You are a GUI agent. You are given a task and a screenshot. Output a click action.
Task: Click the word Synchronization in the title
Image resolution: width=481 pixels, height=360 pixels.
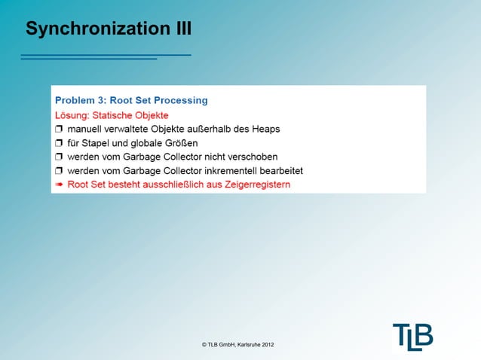(89, 29)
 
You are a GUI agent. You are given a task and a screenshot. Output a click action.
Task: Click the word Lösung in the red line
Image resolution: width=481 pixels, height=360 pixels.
(72, 115)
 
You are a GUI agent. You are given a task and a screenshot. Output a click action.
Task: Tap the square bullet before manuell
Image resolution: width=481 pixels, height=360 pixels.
(60, 130)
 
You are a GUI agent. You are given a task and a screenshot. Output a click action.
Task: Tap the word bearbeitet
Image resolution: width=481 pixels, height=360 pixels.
(278, 170)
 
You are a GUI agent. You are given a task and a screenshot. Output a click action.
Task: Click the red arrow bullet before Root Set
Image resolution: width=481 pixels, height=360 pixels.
(59, 184)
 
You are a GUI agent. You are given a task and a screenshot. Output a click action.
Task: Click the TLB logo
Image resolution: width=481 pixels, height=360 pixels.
(412, 337)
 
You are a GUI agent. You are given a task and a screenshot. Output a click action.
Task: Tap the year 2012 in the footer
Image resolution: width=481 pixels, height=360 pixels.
(267, 345)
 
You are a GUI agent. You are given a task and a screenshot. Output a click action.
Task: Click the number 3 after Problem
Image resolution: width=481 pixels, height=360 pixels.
(101, 99)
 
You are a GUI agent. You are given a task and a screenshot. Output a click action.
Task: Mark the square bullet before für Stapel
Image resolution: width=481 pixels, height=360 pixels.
(60, 143)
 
